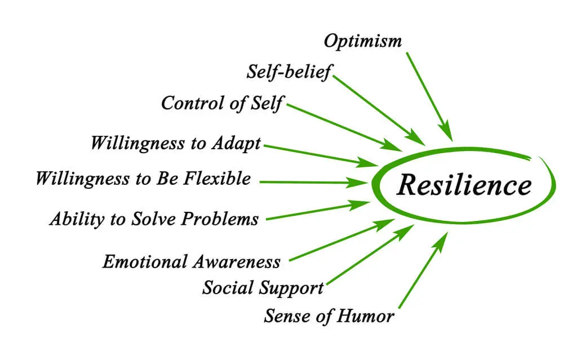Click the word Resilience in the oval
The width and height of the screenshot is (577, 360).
click(x=464, y=184)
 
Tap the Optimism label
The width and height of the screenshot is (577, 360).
click(x=363, y=42)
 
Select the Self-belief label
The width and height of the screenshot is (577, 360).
click(x=289, y=72)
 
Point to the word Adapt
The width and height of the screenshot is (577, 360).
click(x=236, y=144)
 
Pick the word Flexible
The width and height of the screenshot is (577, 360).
click(x=217, y=179)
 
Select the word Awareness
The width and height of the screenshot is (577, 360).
click(x=237, y=262)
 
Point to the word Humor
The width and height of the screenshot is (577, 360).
click(x=365, y=316)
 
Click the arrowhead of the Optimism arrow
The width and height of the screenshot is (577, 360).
click(x=446, y=131)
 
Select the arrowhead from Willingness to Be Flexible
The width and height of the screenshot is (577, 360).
click(x=357, y=182)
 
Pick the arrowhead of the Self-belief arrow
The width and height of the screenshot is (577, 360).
click(x=415, y=138)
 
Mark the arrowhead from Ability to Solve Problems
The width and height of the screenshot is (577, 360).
click(x=359, y=205)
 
